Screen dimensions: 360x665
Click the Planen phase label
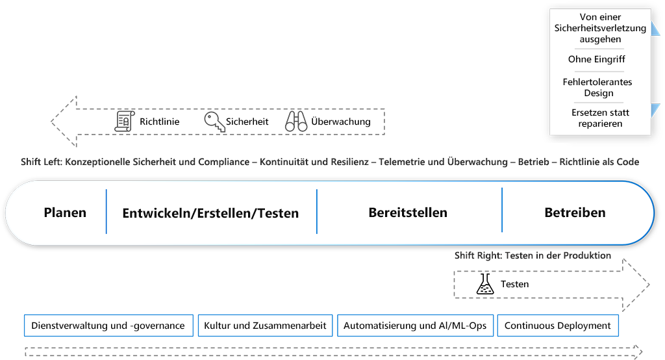tap(65, 212)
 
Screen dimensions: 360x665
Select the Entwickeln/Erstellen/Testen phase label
tap(210, 213)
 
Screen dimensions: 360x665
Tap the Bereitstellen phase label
tap(408, 212)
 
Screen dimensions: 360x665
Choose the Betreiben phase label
tap(575, 212)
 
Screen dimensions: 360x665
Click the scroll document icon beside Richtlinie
tap(124, 122)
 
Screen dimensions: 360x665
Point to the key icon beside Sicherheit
tap(214, 122)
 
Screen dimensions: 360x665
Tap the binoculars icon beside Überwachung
tap(296, 122)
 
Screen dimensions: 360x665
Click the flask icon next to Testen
tap(485, 284)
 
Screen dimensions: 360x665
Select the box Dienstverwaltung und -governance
tap(108, 326)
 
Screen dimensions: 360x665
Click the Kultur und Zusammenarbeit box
tap(265, 326)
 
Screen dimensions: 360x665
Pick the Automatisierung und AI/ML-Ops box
tap(415, 326)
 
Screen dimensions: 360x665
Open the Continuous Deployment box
tap(557, 326)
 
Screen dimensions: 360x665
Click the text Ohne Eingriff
tap(596, 59)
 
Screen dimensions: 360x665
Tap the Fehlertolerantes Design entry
tap(597, 87)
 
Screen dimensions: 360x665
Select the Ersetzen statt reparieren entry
tap(600, 118)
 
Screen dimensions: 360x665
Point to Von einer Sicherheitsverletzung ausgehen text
tap(600, 28)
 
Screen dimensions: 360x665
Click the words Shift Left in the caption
tap(42, 162)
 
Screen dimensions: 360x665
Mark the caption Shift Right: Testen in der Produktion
tap(533, 255)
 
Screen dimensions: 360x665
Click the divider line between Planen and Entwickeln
tap(106, 211)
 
